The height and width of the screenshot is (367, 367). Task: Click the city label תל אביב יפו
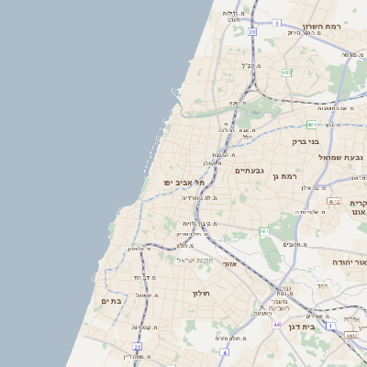pyautogui.click(x=183, y=183)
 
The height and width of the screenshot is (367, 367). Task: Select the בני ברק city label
pyautogui.click(x=305, y=141)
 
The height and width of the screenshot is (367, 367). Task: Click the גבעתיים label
pyautogui.click(x=250, y=171)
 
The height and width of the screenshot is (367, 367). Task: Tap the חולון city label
pyautogui.click(x=201, y=293)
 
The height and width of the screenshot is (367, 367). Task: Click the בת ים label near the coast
pyautogui.click(x=110, y=301)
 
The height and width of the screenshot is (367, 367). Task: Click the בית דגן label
pyautogui.click(x=320, y=326)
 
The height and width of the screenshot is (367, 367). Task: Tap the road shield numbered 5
pyautogui.click(x=276, y=23)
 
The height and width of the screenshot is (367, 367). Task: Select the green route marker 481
pyautogui.click(x=311, y=124)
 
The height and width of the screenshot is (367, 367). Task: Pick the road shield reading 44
pyautogui.click(x=276, y=324)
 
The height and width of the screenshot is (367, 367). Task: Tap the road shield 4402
pyautogui.click(x=352, y=336)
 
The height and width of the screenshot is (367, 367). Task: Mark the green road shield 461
pyautogui.click(x=264, y=230)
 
